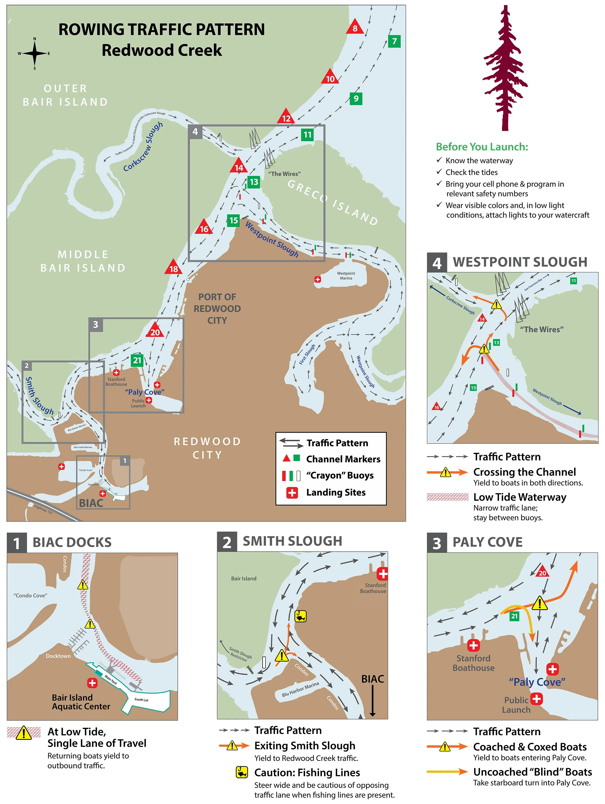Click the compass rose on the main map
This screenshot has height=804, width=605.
(x=35, y=53)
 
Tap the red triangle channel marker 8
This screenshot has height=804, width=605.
(x=355, y=28)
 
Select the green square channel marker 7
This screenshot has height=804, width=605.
(x=394, y=41)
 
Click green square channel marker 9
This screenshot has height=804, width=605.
(x=356, y=98)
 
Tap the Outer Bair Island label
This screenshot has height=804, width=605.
(x=66, y=95)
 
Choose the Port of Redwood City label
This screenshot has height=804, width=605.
(x=217, y=309)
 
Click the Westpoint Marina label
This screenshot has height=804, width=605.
(x=346, y=276)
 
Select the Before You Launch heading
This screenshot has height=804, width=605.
(x=482, y=147)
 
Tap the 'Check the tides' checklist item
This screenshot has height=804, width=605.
(x=471, y=172)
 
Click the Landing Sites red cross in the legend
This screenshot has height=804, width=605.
(x=292, y=493)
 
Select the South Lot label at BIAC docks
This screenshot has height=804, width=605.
(x=141, y=699)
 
